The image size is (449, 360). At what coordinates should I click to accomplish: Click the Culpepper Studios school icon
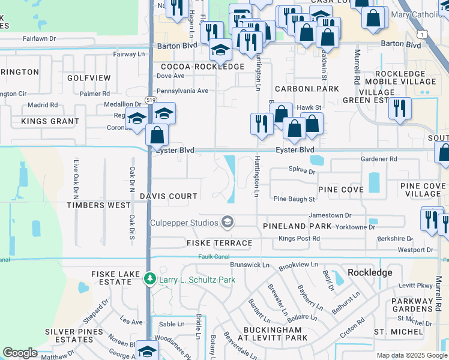click(227, 223)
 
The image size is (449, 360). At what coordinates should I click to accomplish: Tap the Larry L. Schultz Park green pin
click(149, 279)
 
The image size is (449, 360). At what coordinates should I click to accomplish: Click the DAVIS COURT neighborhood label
click(169, 196)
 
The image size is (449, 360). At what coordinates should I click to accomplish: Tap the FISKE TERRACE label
click(219, 243)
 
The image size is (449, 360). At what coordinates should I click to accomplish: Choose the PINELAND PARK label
click(297, 226)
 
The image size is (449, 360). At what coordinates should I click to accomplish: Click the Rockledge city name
click(369, 272)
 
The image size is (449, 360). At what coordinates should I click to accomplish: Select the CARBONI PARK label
click(307, 88)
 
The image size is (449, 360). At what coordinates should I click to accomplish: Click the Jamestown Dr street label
click(330, 215)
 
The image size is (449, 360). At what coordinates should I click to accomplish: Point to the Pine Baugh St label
click(294, 199)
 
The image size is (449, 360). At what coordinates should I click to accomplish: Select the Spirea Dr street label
click(302, 171)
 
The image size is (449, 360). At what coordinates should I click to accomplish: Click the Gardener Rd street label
click(379, 159)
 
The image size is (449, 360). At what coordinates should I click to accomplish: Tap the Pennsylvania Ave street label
click(182, 91)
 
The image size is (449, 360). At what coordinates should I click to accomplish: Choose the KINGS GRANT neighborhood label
click(50, 121)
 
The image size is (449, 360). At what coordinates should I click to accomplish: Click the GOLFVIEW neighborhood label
click(89, 78)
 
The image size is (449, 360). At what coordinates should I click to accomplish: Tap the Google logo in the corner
click(20, 353)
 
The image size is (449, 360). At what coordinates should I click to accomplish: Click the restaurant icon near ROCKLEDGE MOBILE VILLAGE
click(399, 109)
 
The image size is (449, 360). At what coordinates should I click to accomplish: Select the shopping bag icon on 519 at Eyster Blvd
click(157, 135)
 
